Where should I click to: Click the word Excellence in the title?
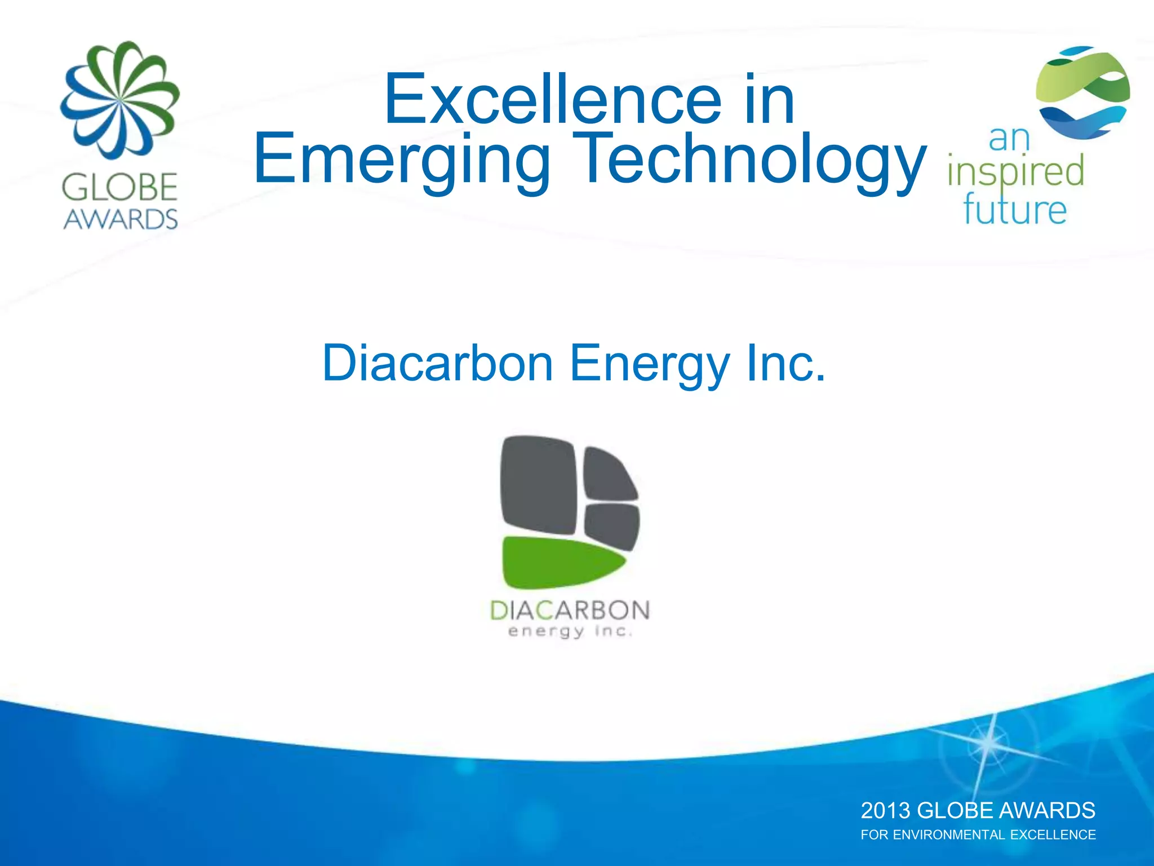tap(552, 100)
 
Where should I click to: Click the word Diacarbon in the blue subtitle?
tap(437, 364)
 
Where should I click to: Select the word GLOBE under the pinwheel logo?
tap(120, 188)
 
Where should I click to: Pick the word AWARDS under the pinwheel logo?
tap(120, 219)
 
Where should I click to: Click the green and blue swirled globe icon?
tap(1082, 93)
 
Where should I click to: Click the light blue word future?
tap(1014, 210)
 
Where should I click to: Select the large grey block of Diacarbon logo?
tap(538, 485)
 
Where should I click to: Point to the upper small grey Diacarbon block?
tap(609, 474)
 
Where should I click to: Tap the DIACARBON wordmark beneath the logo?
tap(570, 611)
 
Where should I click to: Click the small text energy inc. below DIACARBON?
tap(570, 631)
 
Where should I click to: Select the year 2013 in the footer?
tap(885, 811)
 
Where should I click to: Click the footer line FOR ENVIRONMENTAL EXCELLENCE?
tap(978, 835)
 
